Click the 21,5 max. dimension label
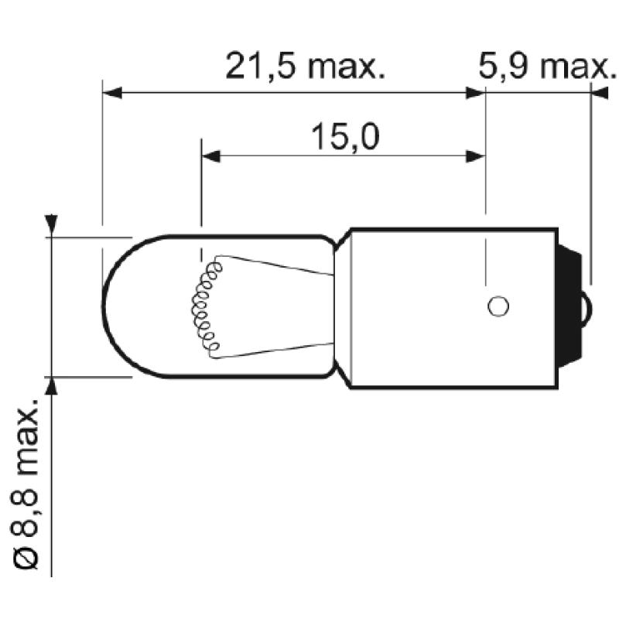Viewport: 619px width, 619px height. point(304,67)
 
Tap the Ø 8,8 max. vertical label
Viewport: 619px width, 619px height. point(29,484)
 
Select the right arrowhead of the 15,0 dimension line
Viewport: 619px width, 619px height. point(475,156)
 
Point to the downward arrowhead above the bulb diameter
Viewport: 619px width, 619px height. point(50,224)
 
